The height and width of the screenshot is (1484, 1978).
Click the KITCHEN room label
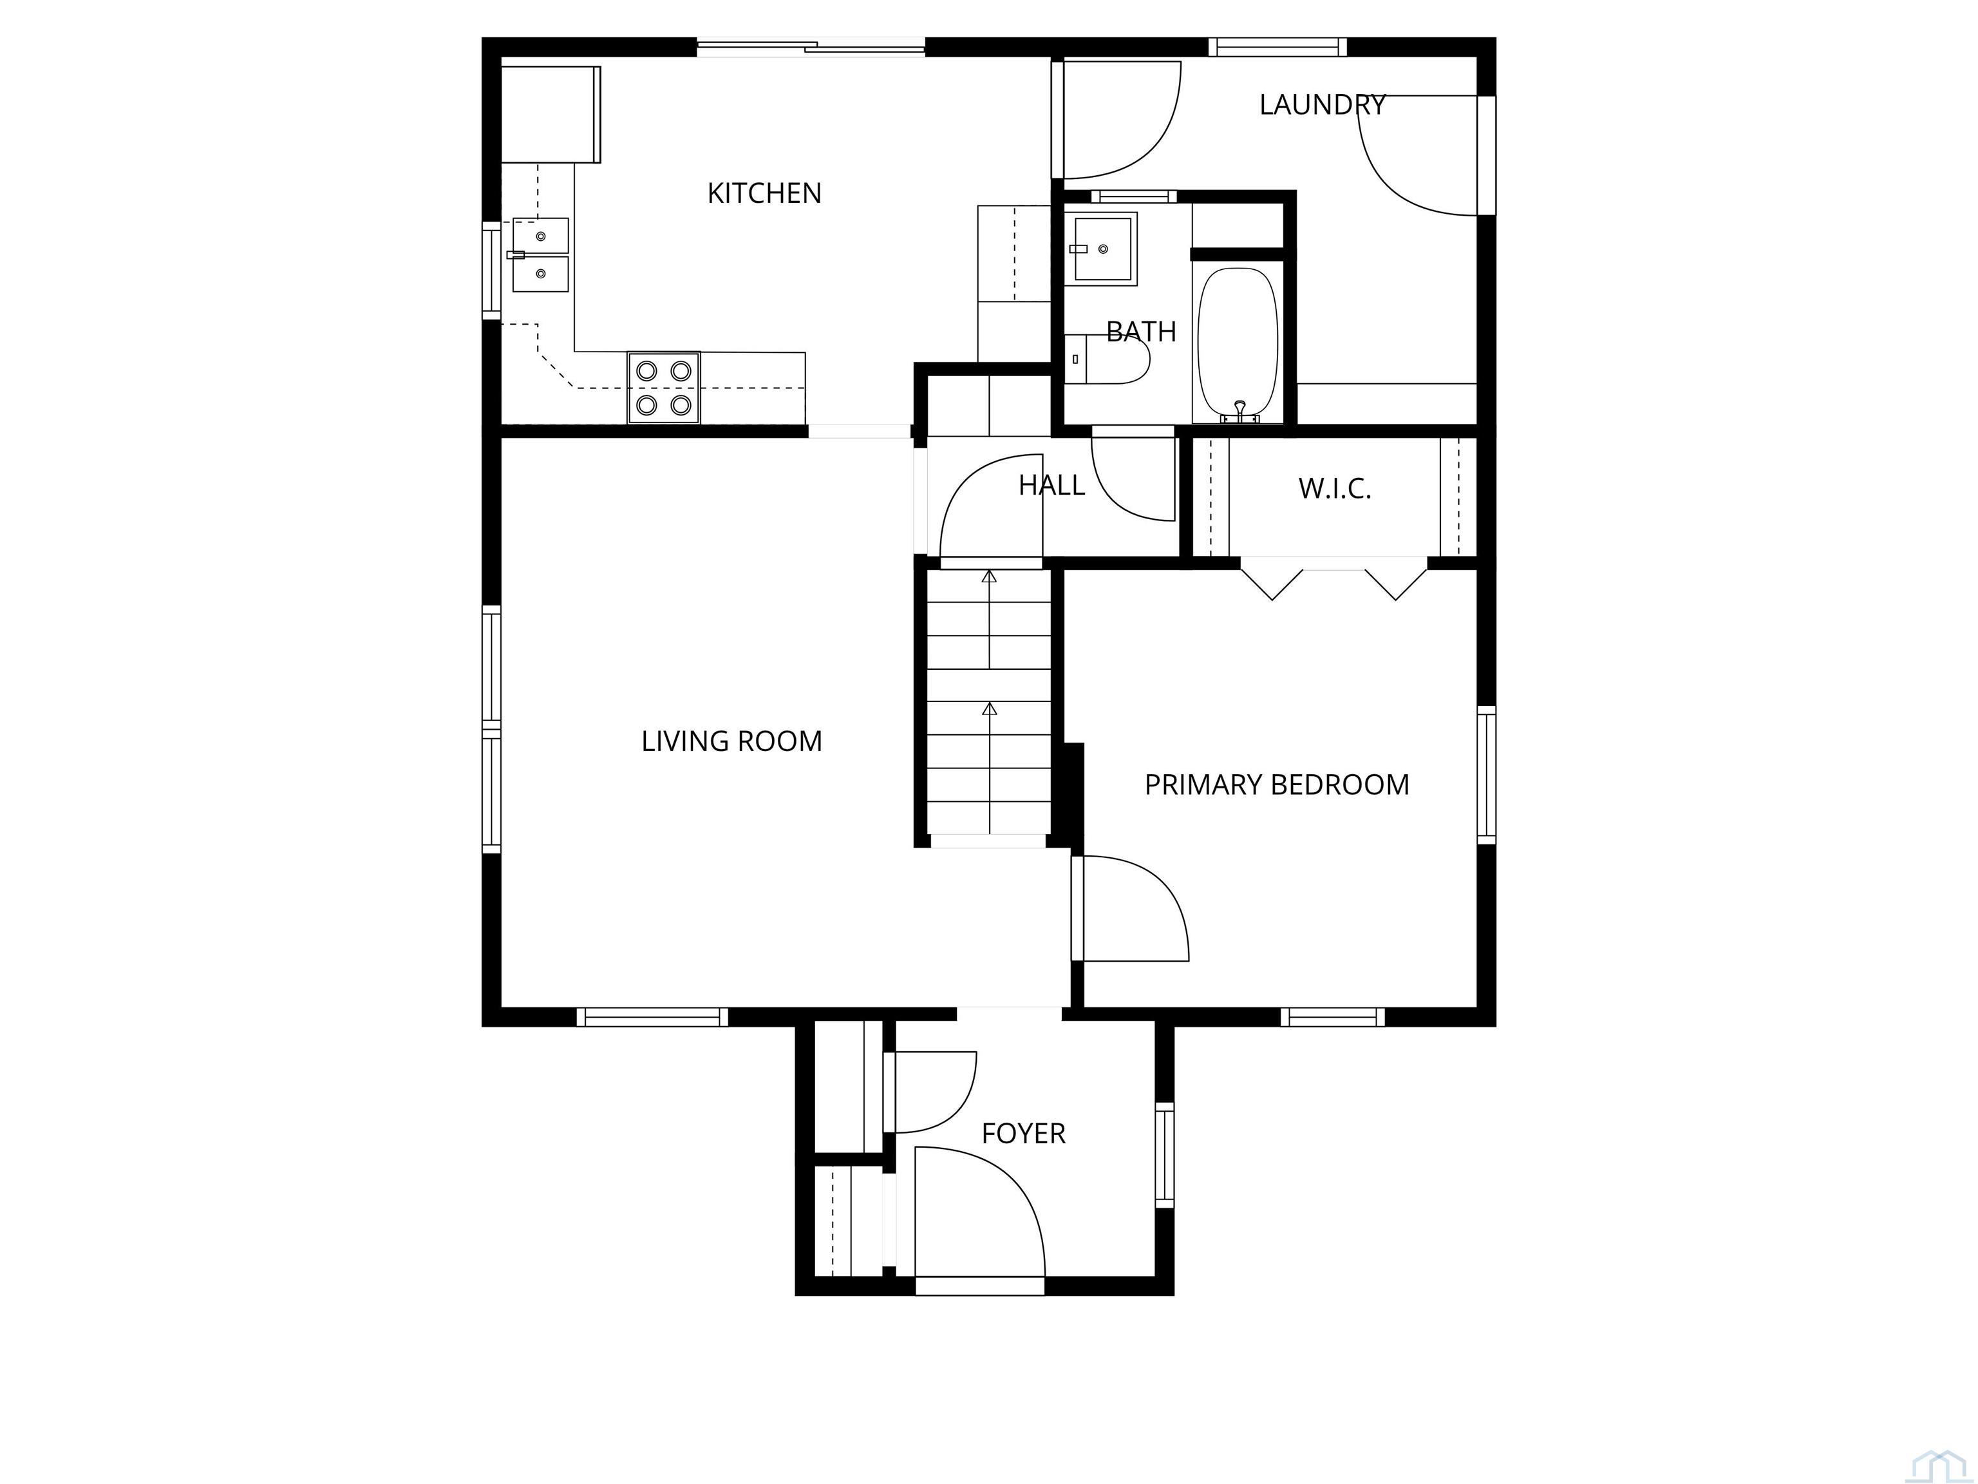(x=764, y=193)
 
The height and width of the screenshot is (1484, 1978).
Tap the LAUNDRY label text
(x=1322, y=104)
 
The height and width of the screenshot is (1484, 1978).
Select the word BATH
(x=1141, y=332)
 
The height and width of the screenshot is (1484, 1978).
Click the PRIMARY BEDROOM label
(x=1276, y=785)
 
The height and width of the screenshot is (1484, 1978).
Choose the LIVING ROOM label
(x=731, y=741)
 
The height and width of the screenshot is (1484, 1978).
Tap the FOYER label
(x=1023, y=1134)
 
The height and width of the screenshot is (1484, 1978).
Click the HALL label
(x=1051, y=486)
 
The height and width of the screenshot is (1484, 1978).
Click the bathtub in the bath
(x=1238, y=340)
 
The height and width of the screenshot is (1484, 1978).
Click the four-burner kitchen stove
(x=663, y=387)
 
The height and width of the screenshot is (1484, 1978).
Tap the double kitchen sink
(x=540, y=255)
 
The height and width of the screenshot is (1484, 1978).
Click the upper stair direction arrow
(x=989, y=577)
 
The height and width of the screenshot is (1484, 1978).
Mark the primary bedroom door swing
(x=1136, y=908)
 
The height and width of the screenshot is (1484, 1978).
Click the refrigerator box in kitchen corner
(x=549, y=115)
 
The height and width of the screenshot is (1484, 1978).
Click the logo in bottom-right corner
(x=1936, y=1465)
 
